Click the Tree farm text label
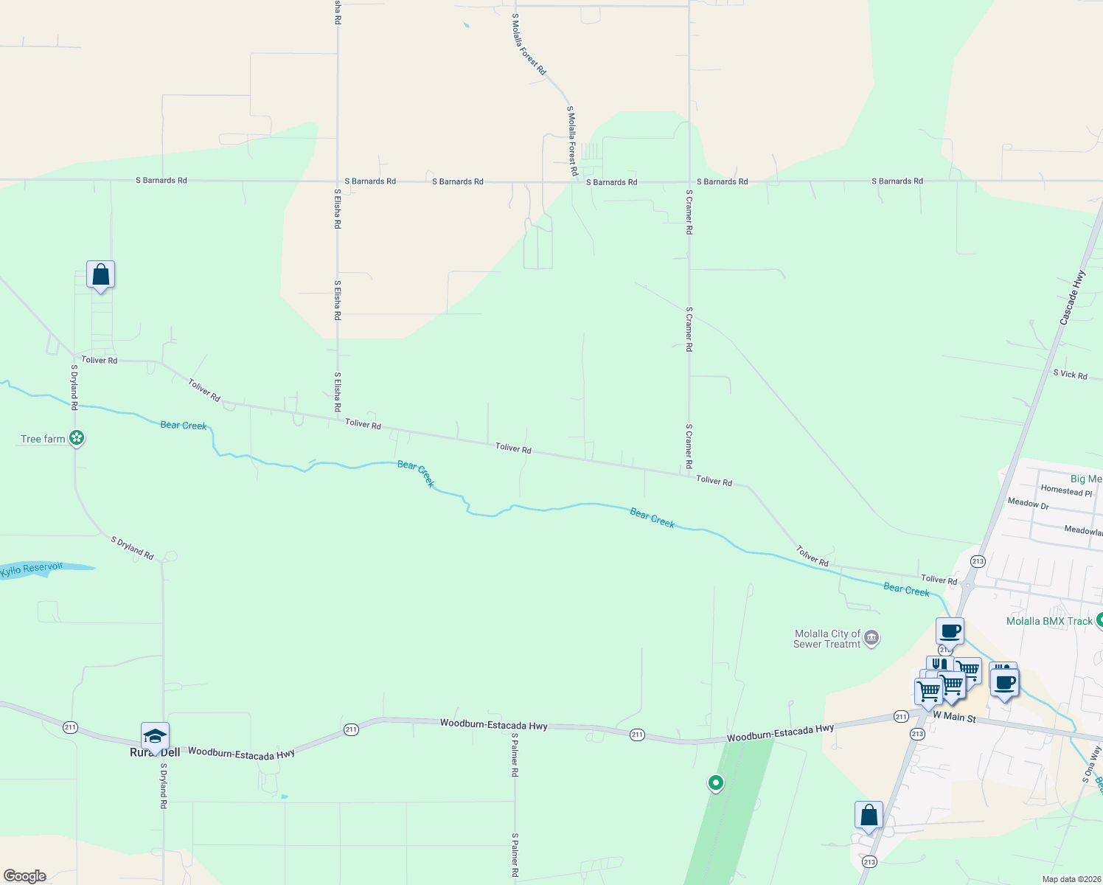(43, 439)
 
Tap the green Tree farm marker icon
(77, 438)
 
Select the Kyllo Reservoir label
(32, 569)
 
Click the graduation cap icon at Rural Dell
(155, 736)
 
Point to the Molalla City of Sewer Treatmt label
(827, 639)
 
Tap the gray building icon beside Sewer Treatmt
(871, 637)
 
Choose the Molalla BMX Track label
(1049, 621)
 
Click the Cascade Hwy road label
(1073, 298)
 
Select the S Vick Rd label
(1070, 375)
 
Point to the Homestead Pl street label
(1066, 490)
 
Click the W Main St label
(954, 717)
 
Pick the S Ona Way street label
(1091, 764)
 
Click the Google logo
(25, 876)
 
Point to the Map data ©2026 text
(1070, 879)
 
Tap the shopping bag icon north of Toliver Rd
(100, 275)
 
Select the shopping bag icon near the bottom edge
(869, 816)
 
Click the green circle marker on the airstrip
(715, 782)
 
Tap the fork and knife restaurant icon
(939, 664)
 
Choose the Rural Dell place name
(155, 752)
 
